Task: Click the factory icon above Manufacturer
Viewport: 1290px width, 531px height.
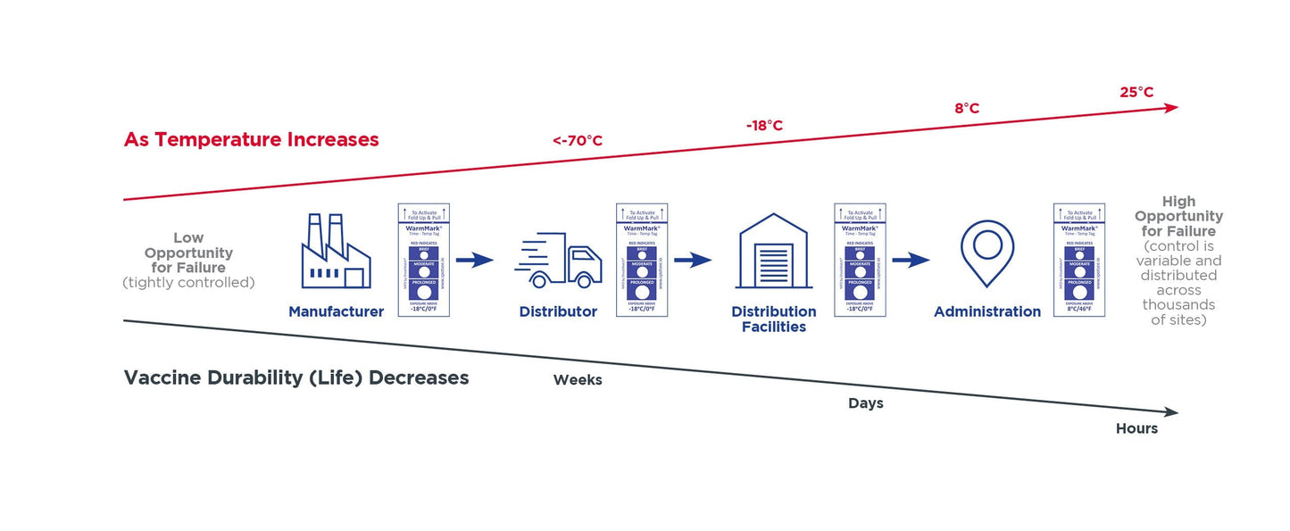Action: point(336,251)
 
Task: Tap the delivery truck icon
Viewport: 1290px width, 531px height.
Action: point(559,261)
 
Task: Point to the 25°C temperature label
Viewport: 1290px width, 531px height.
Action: point(1136,92)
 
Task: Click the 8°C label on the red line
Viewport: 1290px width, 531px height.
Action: point(967,108)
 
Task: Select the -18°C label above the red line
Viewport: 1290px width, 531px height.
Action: point(764,126)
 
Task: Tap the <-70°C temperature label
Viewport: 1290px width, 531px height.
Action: point(577,141)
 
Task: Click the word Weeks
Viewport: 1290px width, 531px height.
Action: point(578,380)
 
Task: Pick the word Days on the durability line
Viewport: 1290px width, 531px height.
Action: point(865,403)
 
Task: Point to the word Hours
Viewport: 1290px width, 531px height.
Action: point(1136,429)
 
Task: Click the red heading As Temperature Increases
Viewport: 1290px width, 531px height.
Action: point(252,140)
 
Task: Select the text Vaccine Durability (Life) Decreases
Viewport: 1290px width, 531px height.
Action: point(296,378)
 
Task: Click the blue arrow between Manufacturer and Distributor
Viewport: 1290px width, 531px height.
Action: point(474,261)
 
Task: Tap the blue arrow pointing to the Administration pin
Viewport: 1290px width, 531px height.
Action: point(911,261)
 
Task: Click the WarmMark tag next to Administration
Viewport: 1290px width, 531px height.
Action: point(1079,260)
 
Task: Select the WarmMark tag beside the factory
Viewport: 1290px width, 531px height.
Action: point(423,260)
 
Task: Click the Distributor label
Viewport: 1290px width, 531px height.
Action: point(558,311)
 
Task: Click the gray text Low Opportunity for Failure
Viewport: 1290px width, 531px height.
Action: point(187,253)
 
